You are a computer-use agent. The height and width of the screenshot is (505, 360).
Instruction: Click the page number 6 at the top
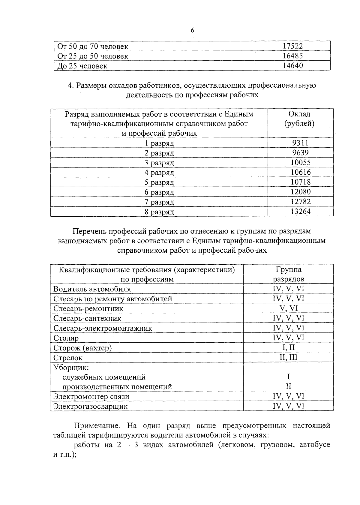[192, 30]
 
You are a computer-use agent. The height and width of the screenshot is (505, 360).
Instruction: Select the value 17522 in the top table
[293, 46]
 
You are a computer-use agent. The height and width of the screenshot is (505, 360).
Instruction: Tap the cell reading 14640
[293, 66]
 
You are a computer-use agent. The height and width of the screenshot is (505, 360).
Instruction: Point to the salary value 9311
[300, 143]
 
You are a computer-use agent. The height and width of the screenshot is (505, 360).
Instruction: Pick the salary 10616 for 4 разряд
[300, 172]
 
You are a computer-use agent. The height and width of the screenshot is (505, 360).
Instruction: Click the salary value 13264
[300, 211]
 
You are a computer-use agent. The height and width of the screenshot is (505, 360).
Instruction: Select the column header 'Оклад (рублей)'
[299, 119]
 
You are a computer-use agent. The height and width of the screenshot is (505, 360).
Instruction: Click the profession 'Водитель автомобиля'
[92, 289]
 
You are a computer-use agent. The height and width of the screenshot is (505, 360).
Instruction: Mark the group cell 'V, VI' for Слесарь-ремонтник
[288, 308]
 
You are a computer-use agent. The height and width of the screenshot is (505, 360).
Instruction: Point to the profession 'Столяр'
[66, 338]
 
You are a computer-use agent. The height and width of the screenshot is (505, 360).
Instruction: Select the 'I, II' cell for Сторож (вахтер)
[288, 347]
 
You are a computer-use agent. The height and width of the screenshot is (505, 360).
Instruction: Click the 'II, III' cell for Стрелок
[288, 357]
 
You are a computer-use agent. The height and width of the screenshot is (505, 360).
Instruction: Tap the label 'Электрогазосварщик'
[90, 406]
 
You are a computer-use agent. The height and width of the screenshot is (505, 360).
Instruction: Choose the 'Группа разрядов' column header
[288, 274]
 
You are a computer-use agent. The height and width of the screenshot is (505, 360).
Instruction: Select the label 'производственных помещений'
[117, 386]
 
